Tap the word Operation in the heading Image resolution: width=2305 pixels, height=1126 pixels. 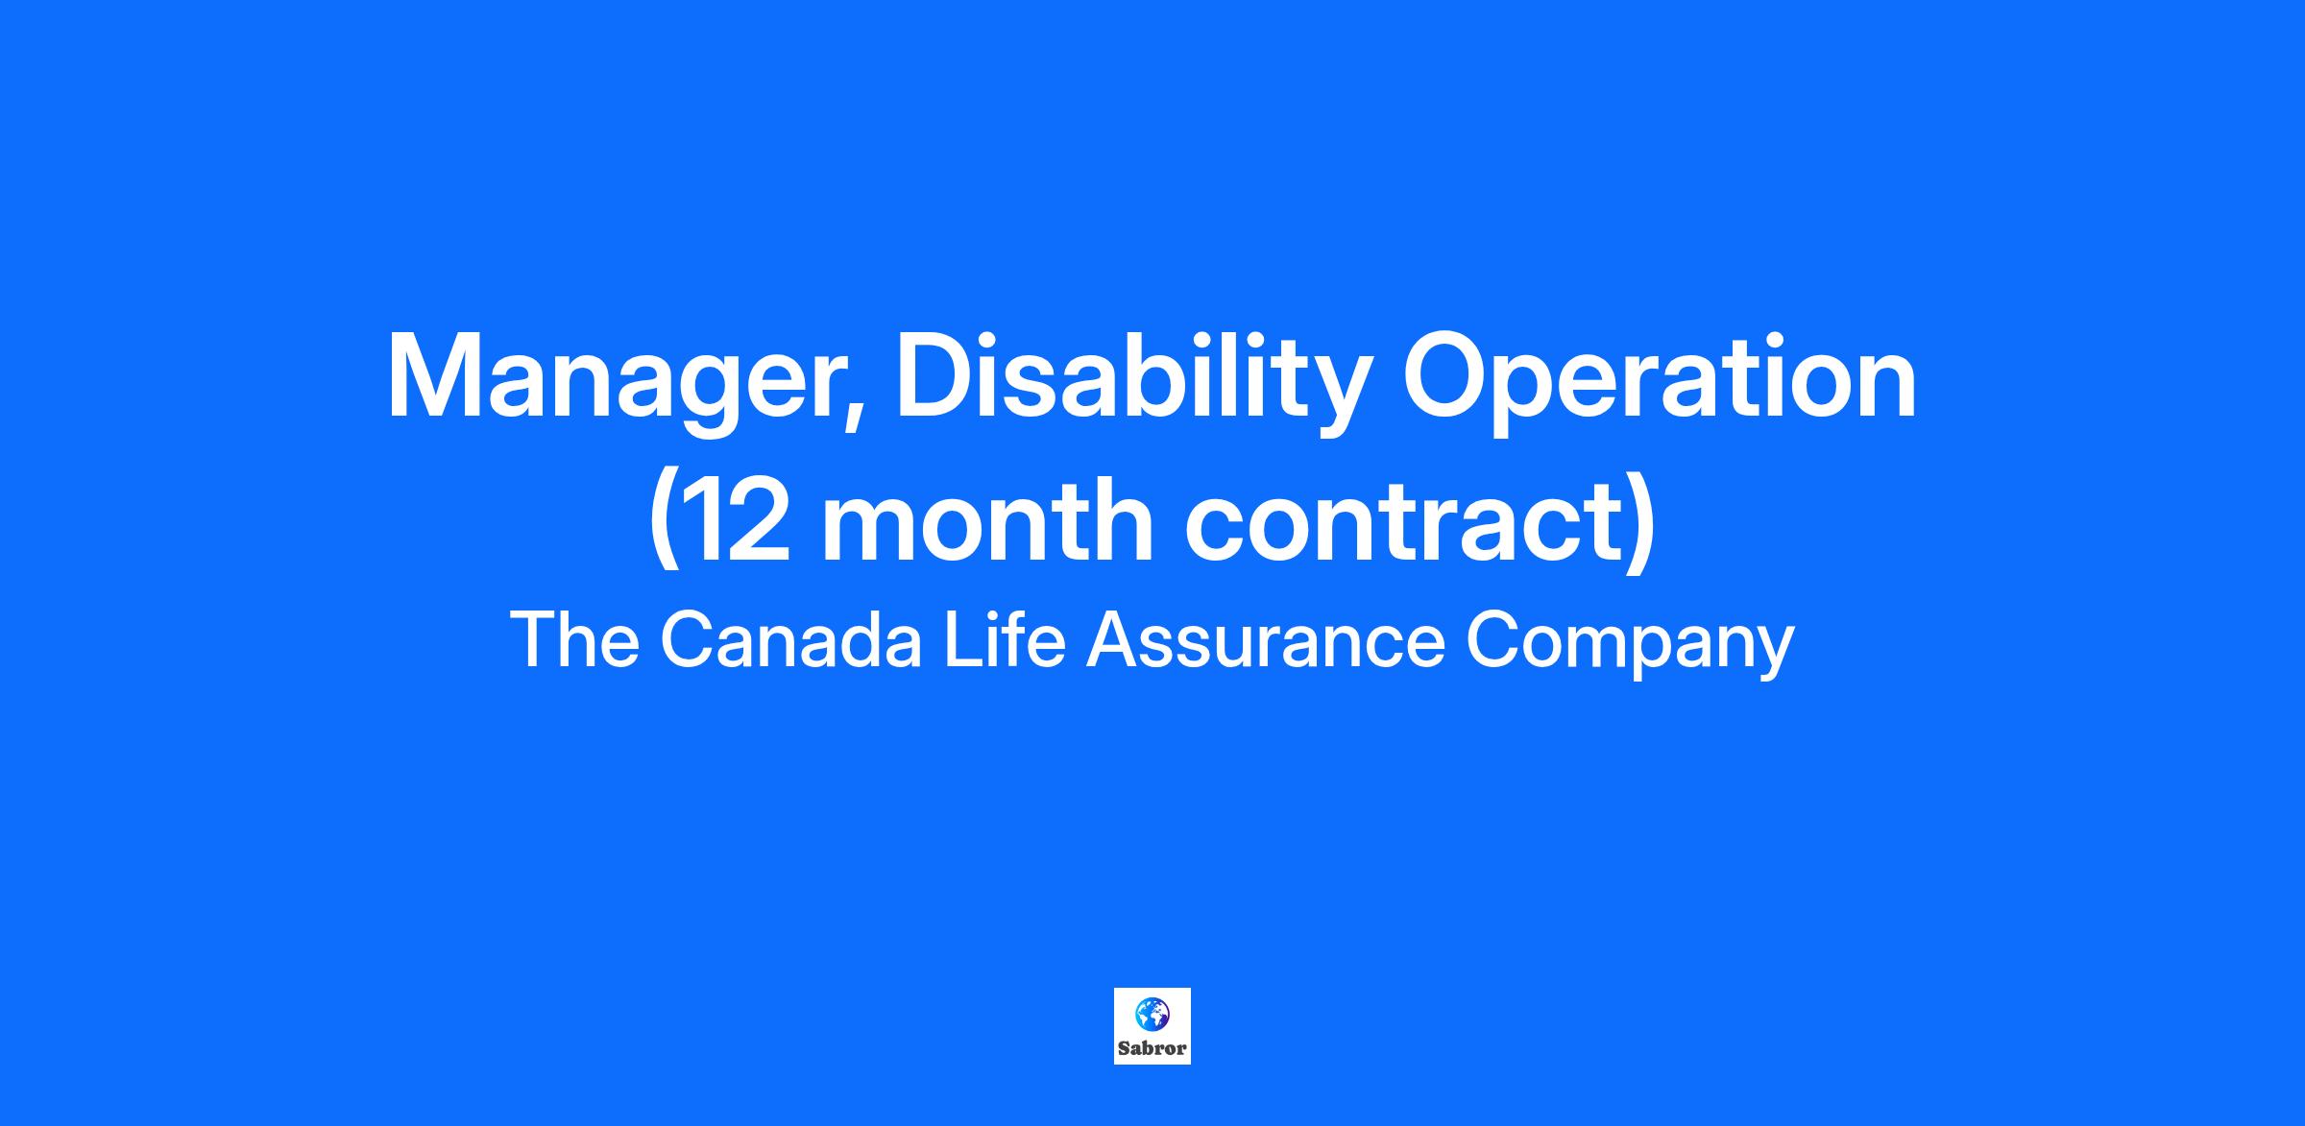[1659, 376]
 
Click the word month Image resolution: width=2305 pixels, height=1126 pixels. [988, 518]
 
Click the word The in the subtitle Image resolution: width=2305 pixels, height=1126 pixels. [575, 639]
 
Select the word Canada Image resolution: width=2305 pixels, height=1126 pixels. [790, 639]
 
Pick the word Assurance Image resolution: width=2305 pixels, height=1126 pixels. [1266, 639]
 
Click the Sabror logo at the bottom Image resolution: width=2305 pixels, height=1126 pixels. [1152, 1026]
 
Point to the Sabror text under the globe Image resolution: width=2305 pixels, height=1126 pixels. [1152, 1048]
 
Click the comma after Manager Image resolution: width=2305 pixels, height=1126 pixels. [851, 419]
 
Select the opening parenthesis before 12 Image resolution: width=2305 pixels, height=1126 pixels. [664, 523]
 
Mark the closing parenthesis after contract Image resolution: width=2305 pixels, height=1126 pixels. [1641, 523]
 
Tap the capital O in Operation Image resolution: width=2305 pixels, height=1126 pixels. [1446, 376]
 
